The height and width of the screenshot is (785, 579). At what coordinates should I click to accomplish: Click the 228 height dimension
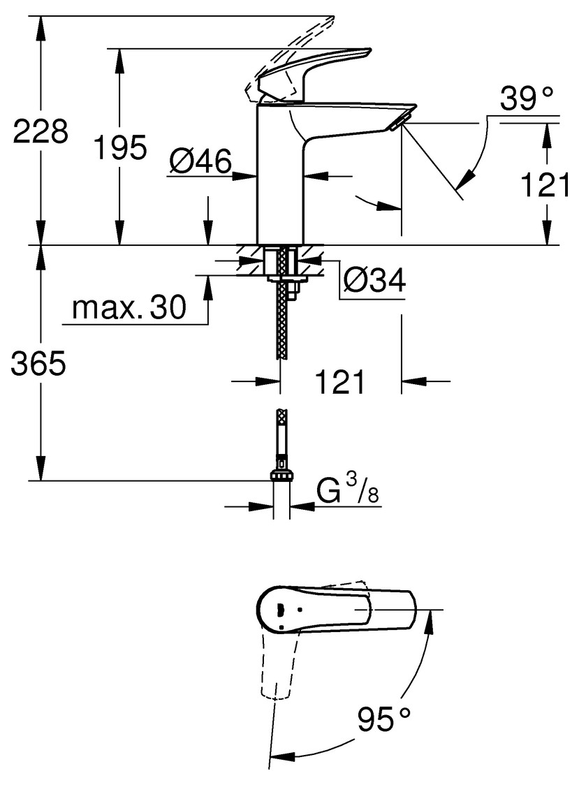tap(41, 131)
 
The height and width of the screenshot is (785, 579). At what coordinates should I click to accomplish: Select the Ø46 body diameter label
tap(200, 162)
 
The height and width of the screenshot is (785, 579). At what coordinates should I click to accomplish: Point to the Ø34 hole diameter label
tap(374, 282)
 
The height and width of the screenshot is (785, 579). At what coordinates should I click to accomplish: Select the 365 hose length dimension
tap(38, 364)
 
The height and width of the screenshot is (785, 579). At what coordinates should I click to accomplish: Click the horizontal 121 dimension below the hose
tap(340, 381)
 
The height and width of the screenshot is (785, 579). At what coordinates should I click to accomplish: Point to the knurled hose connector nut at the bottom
tap(281, 475)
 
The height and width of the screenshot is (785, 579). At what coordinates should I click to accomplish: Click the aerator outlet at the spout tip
tap(397, 125)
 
